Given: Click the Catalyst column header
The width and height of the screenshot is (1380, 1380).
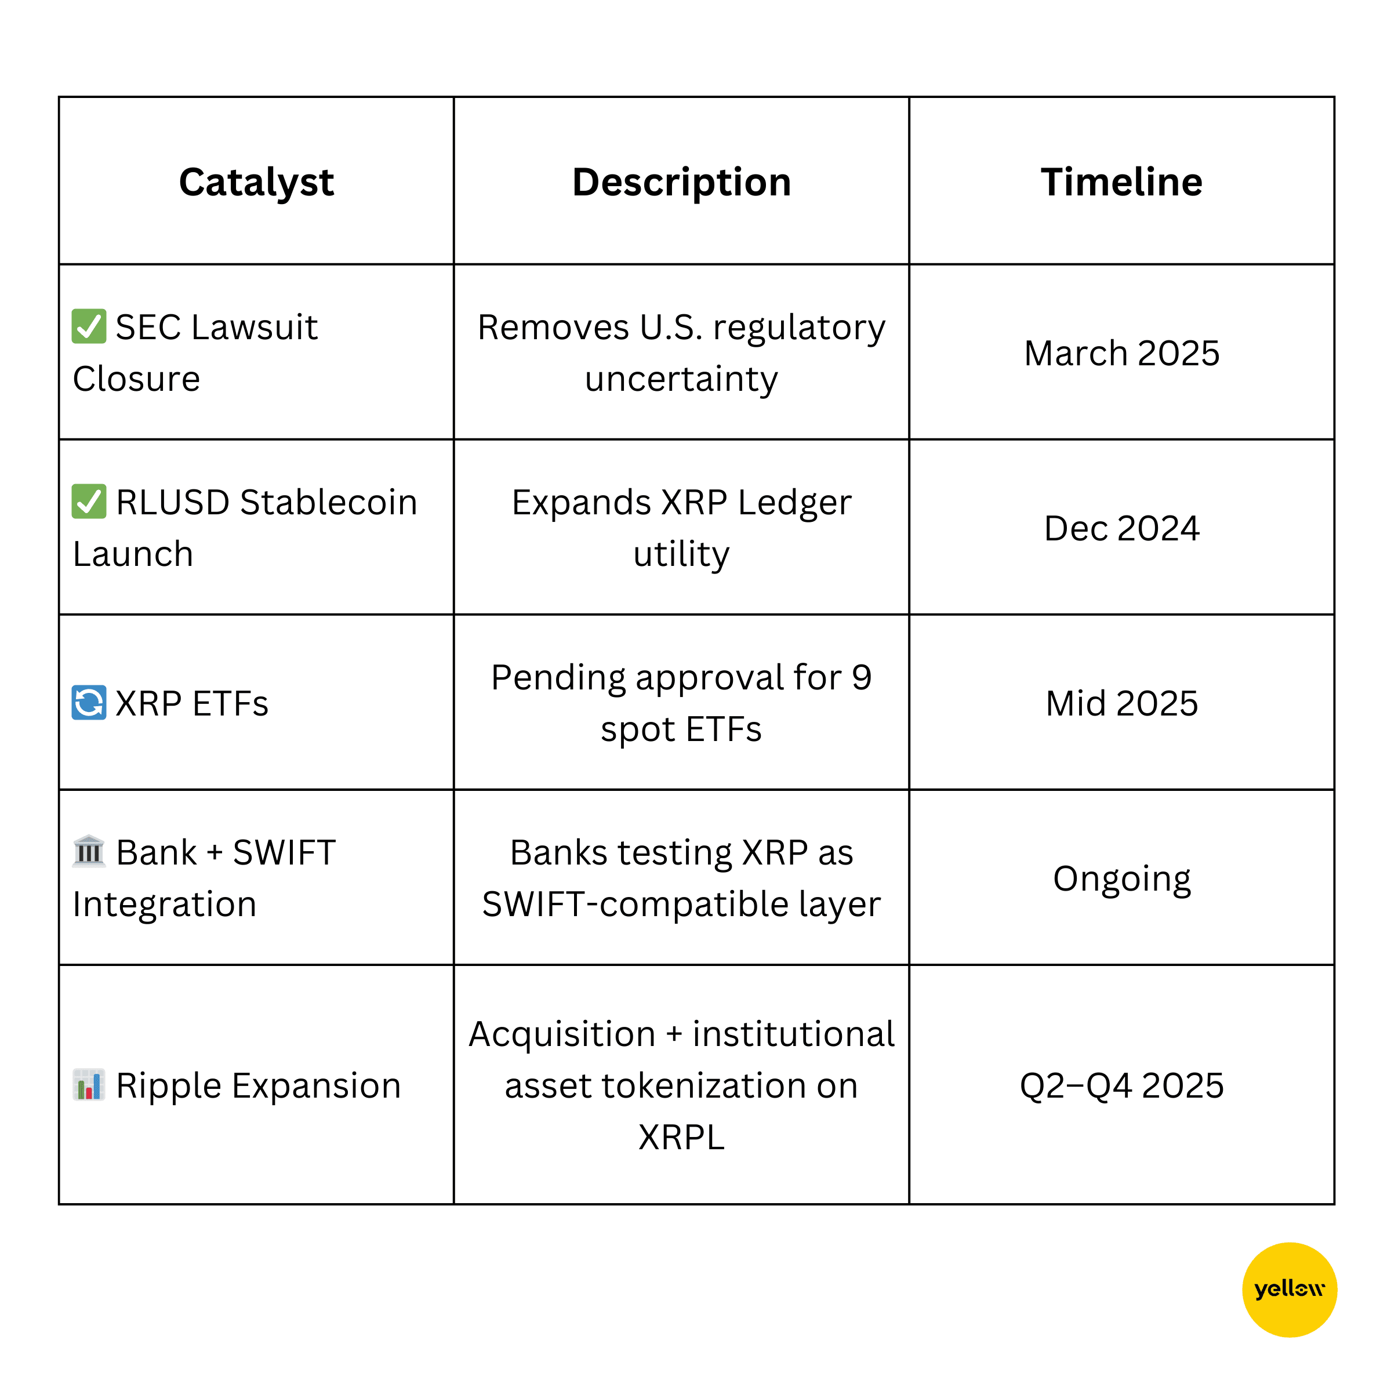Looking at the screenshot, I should pyautogui.click(x=256, y=182).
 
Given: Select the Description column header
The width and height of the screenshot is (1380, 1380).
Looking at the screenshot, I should pyautogui.click(x=681, y=182).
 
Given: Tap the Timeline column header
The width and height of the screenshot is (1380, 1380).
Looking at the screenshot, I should pyautogui.click(x=1121, y=182).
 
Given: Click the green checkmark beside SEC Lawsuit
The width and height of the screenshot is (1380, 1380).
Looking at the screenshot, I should pyautogui.click(x=89, y=326).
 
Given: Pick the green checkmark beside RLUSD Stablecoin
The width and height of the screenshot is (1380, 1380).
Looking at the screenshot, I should pyautogui.click(x=89, y=502).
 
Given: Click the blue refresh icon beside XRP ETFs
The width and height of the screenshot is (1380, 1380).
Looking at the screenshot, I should pyautogui.click(x=89, y=703).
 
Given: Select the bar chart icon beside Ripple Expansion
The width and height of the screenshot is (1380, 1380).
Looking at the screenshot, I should pyautogui.click(x=89, y=1085).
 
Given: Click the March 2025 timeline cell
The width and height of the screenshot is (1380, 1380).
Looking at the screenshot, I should pyautogui.click(x=1121, y=353).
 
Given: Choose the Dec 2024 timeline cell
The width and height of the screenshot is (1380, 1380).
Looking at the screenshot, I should pyautogui.click(x=1121, y=529).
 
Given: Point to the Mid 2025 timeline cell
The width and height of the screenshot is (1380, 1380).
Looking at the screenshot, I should pyautogui.click(x=1121, y=703).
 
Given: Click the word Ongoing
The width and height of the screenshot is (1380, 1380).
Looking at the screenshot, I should pyautogui.click(x=1121, y=879).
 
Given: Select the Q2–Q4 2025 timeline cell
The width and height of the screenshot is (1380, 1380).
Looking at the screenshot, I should pyautogui.click(x=1121, y=1085).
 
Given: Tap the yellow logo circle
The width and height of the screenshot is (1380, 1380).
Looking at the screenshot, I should pyautogui.click(x=1290, y=1290).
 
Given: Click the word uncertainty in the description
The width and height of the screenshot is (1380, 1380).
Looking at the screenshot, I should pyautogui.click(x=681, y=379).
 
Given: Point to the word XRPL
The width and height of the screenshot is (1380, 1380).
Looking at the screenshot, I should pyautogui.click(x=681, y=1137).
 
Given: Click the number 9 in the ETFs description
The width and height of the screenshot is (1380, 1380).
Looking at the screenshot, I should pyautogui.click(x=862, y=677).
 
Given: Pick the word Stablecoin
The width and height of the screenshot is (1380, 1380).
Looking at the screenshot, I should pyautogui.click(x=329, y=502).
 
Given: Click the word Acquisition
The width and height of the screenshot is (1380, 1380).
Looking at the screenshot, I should pyautogui.click(x=562, y=1034).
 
